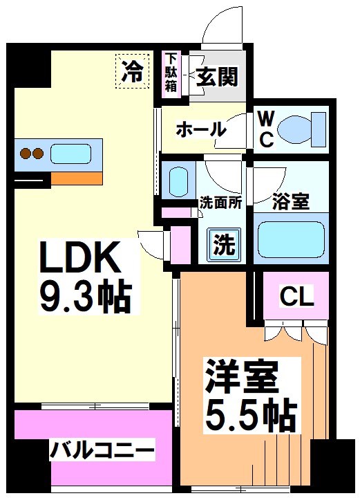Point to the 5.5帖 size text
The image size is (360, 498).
pyautogui.click(x=249, y=415)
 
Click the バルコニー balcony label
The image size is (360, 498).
pyautogui.click(x=102, y=452)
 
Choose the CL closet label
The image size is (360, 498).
pyautogui.click(x=296, y=297)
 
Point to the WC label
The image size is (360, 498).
pyautogui.click(x=265, y=129)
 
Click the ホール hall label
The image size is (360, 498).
pyautogui.click(x=200, y=129)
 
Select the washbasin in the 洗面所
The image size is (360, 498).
pyautogui.click(x=178, y=181)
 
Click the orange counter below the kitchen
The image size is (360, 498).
pyautogui.click(x=76, y=178)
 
